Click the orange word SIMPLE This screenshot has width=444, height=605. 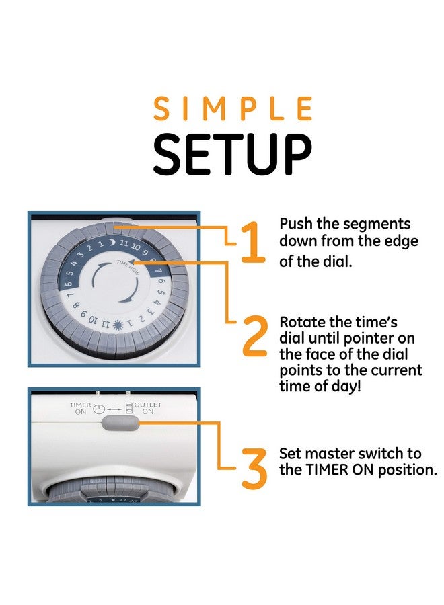pyautogui.click(x=233, y=108)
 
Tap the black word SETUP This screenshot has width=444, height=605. pyautogui.click(x=232, y=155)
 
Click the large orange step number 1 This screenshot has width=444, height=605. pyautogui.click(x=253, y=242)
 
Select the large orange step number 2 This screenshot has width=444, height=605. pyautogui.click(x=255, y=335)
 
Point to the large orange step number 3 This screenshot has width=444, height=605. pyautogui.click(x=255, y=468)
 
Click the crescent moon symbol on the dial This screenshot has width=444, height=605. pyautogui.click(x=112, y=243)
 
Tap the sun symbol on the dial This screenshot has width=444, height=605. pyautogui.click(x=118, y=325)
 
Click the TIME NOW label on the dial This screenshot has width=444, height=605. pyautogui.click(x=128, y=267)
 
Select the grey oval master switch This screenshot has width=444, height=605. pyautogui.click(x=120, y=423)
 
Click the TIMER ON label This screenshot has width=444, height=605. pyautogui.click(x=80, y=409)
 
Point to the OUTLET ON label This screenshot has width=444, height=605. pyautogui.click(x=147, y=408)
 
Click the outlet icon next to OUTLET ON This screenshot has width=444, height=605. pyautogui.click(x=129, y=407)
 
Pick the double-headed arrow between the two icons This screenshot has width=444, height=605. pyautogui.click(x=114, y=409)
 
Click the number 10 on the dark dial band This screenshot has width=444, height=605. pyautogui.click(x=135, y=247)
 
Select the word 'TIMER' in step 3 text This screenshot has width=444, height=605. pyautogui.click(x=328, y=470)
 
